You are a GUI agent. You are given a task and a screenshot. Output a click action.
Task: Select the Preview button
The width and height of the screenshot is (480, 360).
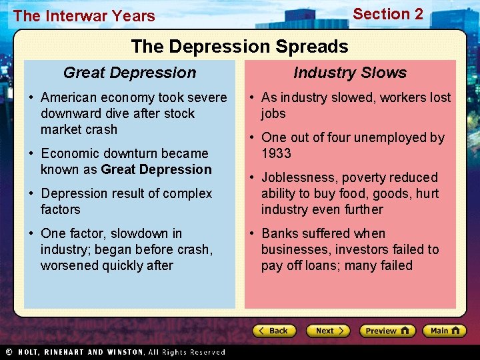coord(387,331)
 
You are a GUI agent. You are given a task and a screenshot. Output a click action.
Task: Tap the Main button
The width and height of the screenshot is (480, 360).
coord(445,331)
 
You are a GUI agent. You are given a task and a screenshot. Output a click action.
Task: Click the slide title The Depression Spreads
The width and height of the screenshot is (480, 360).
coord(239,46)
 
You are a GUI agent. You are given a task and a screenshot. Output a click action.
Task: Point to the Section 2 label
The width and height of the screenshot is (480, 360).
coord(387,14)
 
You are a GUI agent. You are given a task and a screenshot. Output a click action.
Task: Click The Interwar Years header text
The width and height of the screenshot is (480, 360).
coord(84,16)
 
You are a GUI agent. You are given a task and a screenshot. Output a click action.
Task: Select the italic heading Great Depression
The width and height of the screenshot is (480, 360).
coord(129,73)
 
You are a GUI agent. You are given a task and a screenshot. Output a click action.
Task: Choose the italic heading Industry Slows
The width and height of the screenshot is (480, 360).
coord(350,73)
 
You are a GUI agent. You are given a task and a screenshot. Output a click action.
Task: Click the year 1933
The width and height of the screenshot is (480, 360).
coord(276,153)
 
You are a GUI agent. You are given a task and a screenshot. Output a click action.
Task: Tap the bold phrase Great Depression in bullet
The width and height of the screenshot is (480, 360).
coord(156,169)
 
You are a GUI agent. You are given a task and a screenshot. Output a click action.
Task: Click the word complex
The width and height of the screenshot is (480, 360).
coord(189,193)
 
